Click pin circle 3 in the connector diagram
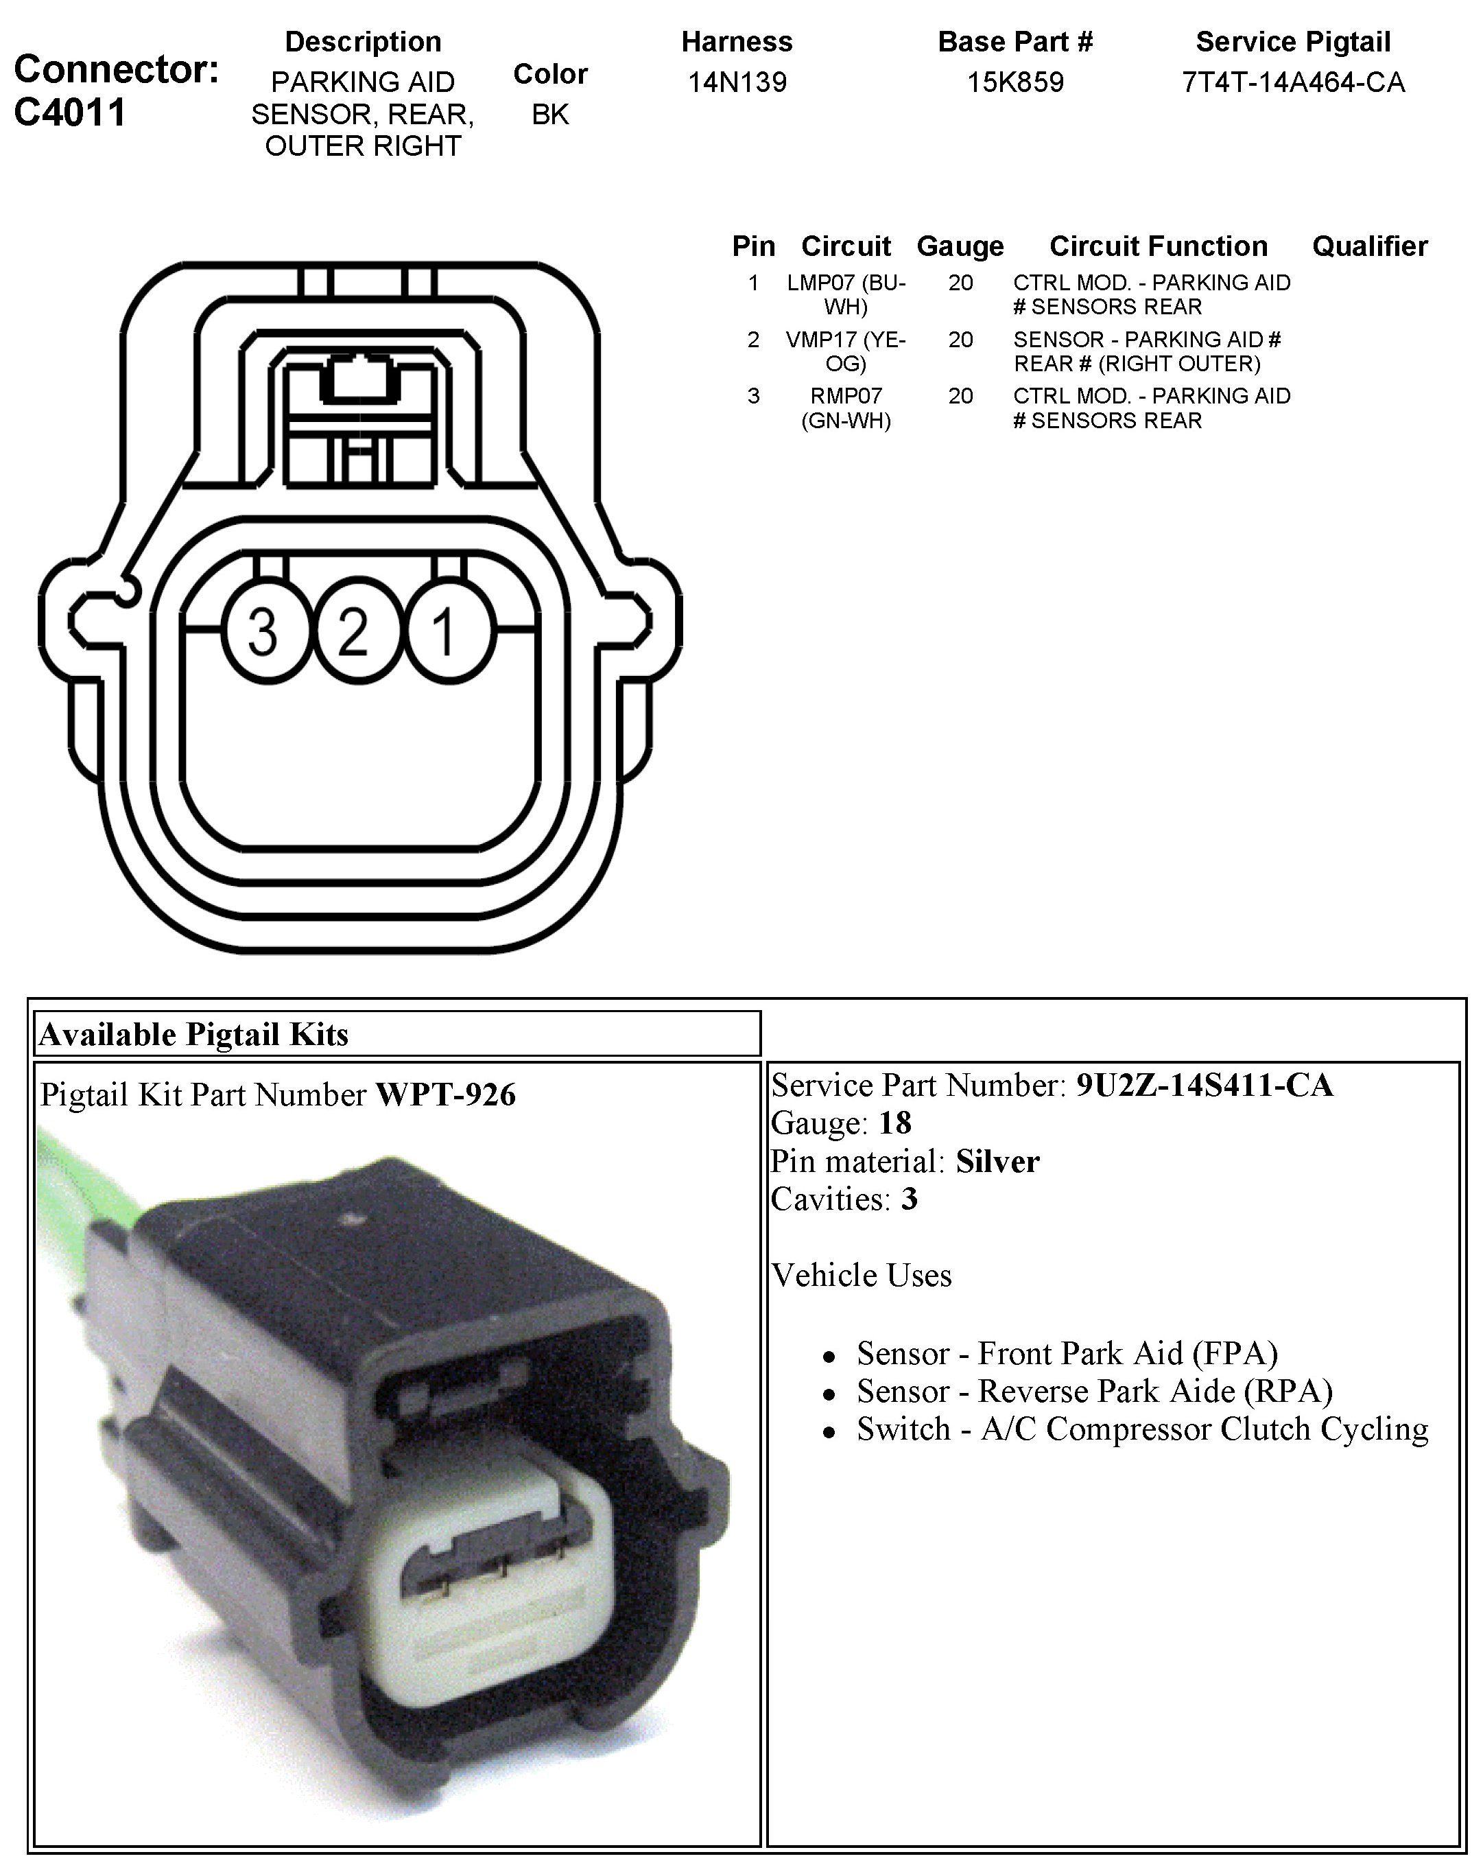click(264, 631)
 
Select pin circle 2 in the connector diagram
click(353, 631)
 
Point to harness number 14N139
click(737, 82)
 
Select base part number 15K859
click(1015, 82)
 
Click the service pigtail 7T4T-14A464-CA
click(1293, 82)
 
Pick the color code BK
click(551, 115)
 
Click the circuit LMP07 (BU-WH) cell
click(846, 294)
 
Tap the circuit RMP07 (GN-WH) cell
click(846, 408)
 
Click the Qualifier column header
click(1369, 246)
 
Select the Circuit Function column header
click(1159, 246)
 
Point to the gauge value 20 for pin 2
click(960, 340)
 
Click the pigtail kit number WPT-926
click(445, 1095)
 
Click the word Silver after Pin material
click(997, 1162)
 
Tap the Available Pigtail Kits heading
click(195, 1034)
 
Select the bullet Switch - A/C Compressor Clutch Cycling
click(1142, 1429)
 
